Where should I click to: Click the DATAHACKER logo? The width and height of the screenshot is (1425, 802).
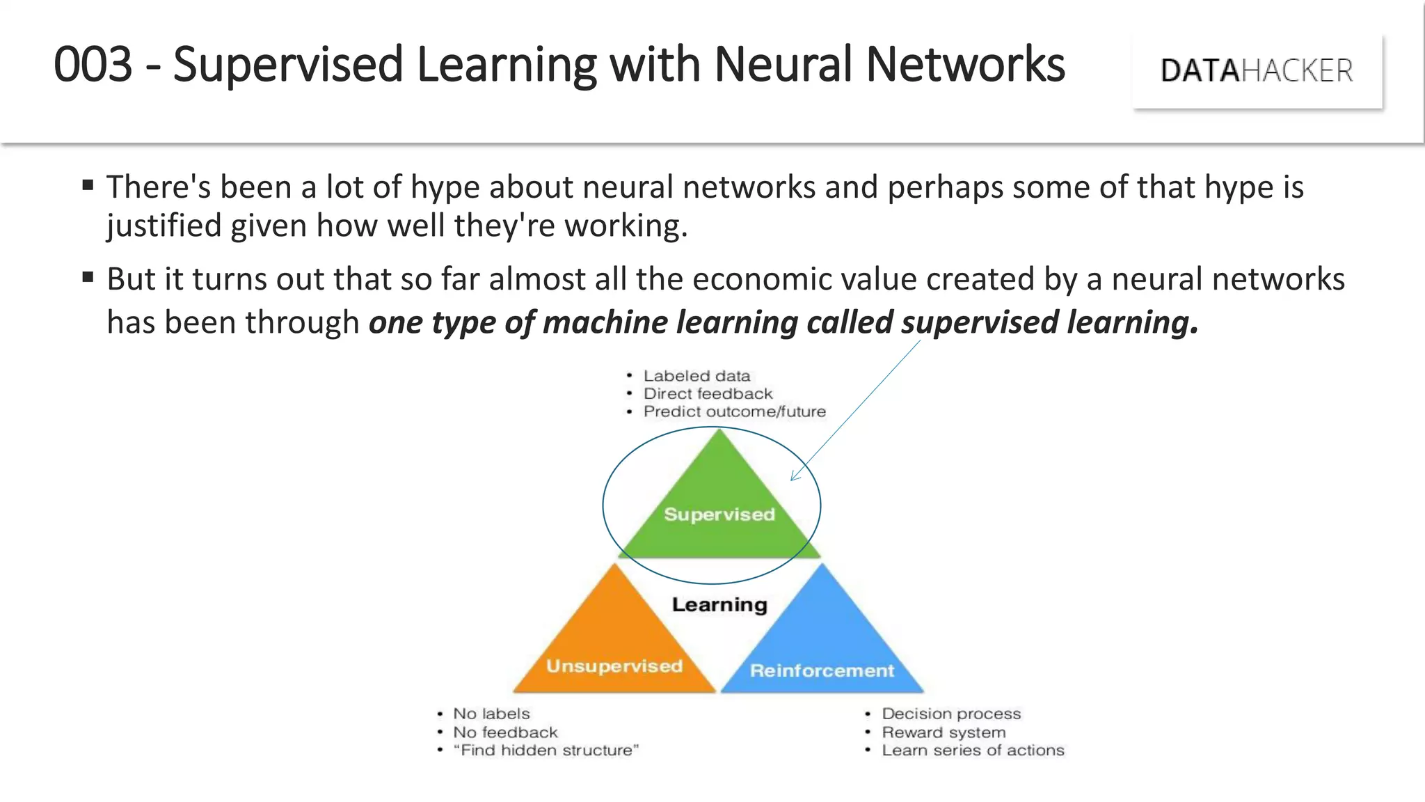coord(1257,70)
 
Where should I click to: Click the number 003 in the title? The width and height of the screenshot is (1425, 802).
coord(93,65)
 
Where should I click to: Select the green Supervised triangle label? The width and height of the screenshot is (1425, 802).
coord(719,514)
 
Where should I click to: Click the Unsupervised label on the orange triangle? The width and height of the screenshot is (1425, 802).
coord(614,666)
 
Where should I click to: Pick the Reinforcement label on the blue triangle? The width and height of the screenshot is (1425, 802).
coord(822,670)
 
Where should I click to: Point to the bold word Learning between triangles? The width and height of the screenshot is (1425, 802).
coord(719,604)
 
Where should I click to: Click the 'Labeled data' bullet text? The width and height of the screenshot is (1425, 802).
coord(696,376)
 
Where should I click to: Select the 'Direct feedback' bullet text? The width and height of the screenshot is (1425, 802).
coord(708,394)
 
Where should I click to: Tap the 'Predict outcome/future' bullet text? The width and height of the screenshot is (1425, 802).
coord(734,411)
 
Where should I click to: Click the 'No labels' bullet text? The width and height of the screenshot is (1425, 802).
coord(491,714)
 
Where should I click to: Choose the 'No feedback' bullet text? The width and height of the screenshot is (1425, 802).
coord(505,732)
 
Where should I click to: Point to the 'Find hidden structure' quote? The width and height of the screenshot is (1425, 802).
coord(546,750)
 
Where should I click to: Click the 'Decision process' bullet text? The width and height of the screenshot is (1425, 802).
coord(951,714)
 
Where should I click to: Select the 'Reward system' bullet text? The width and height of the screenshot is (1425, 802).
coord(944,732)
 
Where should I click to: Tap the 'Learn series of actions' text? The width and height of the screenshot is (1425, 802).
coord(973,750)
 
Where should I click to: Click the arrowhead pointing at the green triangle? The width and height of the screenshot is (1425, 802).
coord(794,477)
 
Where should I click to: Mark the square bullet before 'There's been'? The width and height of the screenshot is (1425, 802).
coord(88,185)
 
